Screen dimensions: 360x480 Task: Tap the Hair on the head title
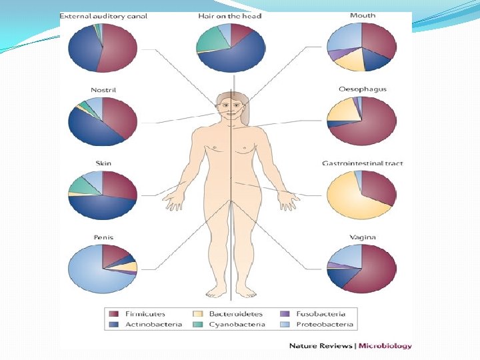pyautogui.click(x=229, y=15)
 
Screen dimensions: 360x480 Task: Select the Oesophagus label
pyautogui.click(x=362, y=89)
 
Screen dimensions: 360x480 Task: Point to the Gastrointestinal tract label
pyautogui.click(x=362, y=163)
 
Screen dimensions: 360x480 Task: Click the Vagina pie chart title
pyautogui.click(x=362, y=237)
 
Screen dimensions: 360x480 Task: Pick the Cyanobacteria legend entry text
pyautogui.click(x=237, y=325)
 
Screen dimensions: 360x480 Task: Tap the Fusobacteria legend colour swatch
pyautogui.click(x=285, y=314)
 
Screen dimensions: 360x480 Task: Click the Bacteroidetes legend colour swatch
pyautogui.click(x=197, y=314)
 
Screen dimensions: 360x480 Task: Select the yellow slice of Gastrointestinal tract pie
pyautogui.click(x=353, y=203)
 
